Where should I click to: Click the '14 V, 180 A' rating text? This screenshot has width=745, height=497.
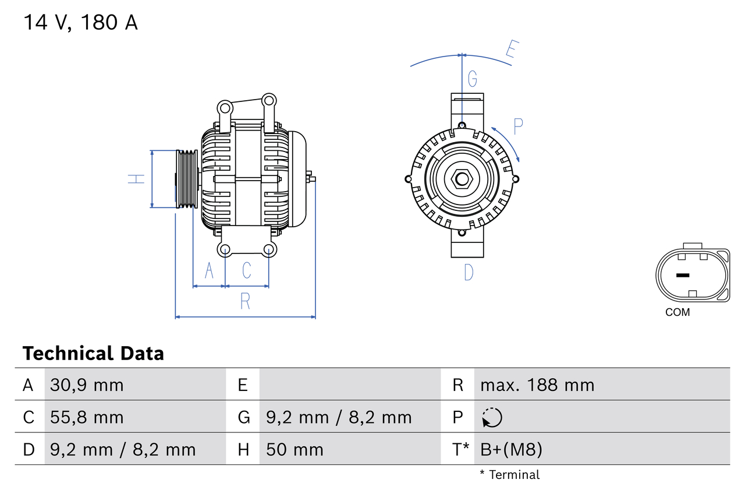pyautogui.click(x=80, y=23)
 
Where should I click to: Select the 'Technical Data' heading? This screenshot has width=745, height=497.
pyautogui.click(x=93, y=354)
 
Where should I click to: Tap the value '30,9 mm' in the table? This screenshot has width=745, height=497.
pyautogui.click(x=87, y=385)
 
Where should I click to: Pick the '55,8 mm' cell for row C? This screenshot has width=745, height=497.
pyautogui.click(x=87, y=417)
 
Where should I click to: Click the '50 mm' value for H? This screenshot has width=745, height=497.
pyautogui.click(x=295, y=449)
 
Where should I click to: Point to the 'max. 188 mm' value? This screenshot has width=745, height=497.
pyautogui.click(x=537, y=385)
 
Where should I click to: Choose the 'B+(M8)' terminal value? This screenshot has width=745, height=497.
pyautogui.click(x=512, y=449)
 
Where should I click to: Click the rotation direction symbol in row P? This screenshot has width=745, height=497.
pyautogui.click(x=492, y=417)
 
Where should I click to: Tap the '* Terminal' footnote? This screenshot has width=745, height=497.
pyautogui.click(x=510, y=475)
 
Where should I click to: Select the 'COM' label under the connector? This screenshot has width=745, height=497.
pyautogui.click(x=677, y=312)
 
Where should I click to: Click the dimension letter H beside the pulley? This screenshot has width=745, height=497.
pyautogui.click(x=136, y=179)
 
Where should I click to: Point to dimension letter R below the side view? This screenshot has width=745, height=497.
pyautogui.click(x=245, y=301)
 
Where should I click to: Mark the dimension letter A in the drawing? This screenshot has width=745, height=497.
pyautogui.click(x=209, y=270)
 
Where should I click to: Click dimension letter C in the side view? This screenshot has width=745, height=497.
pyautogui.click(x=247, y=270)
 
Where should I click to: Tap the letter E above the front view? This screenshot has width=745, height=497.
pyautogui.click(x=511, y=50)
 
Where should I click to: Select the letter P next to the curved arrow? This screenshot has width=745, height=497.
pyautogui.click(x=518, y=126)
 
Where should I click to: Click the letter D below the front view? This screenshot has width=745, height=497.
pyautogui.click(x=469, y=272)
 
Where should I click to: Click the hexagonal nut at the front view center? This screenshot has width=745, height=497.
pyautogui.click(x=462, y=179)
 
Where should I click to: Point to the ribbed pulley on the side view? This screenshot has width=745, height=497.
pyautogui.click(x=187, y=179)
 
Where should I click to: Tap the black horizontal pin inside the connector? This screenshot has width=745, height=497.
pyautogui.click(x=683, y=275)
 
